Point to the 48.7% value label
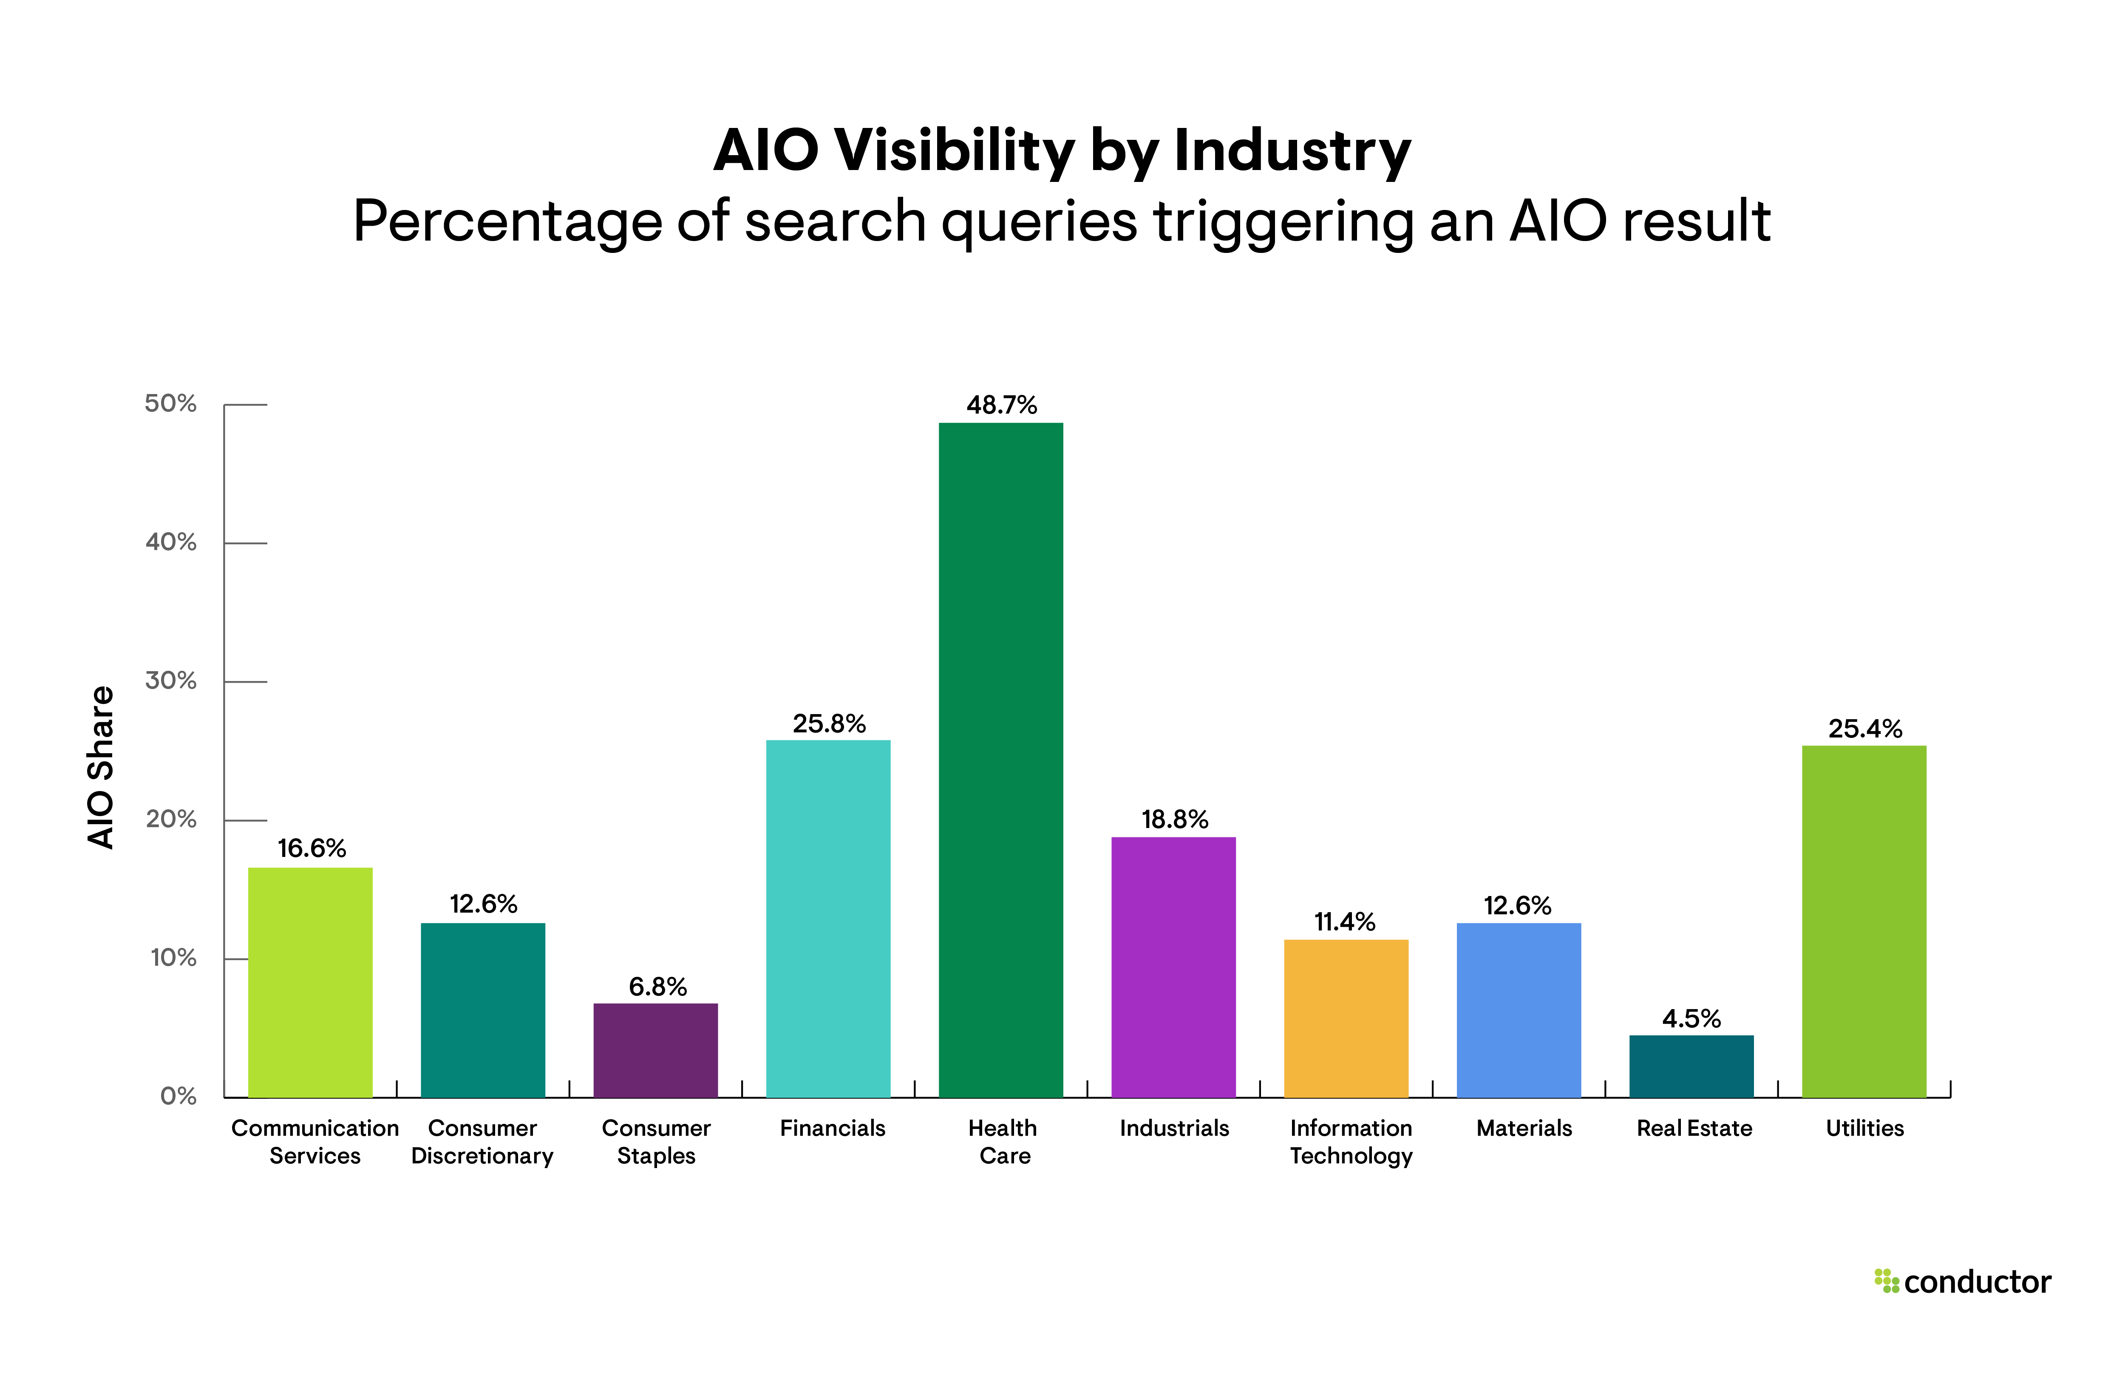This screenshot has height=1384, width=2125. coord(1001,406)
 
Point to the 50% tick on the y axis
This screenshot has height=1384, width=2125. coord(170,403)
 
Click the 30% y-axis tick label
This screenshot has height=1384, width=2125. coord(170,681)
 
